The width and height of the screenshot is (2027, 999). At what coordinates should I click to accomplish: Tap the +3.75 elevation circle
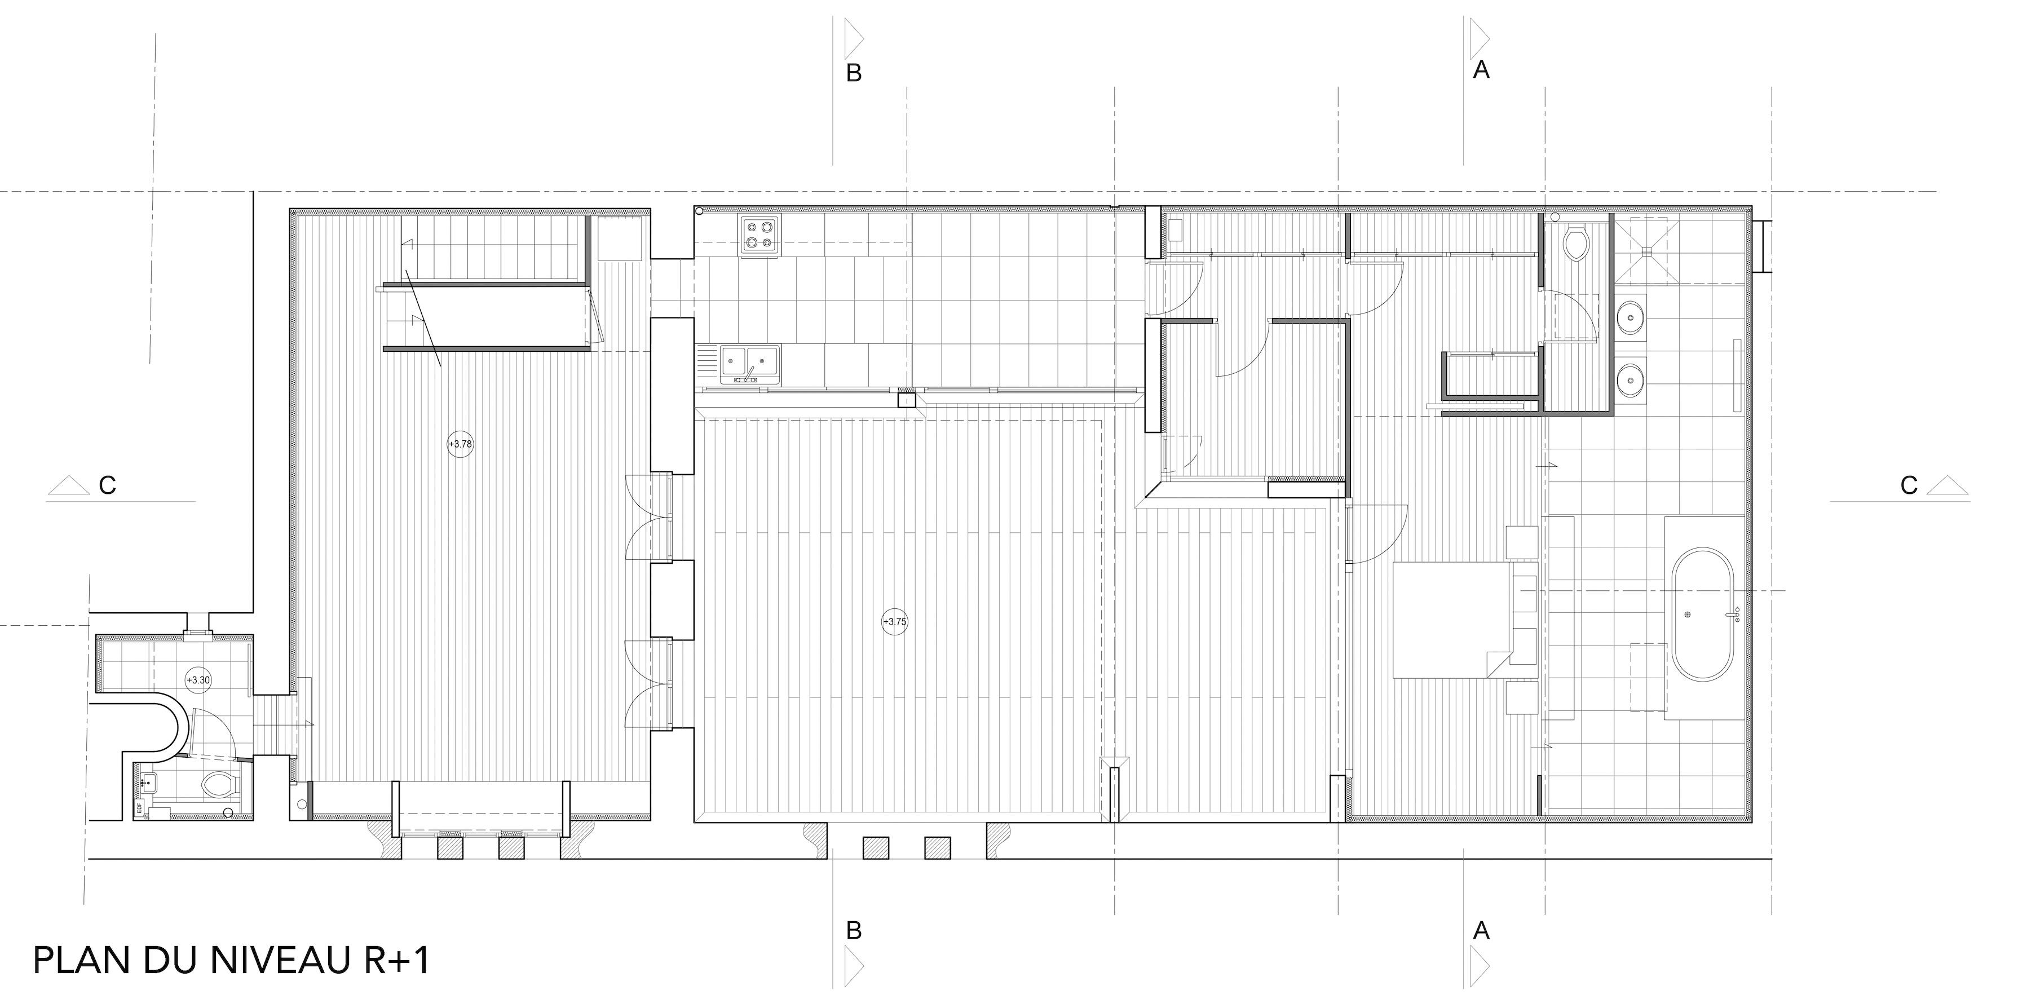click(x=895, y=621)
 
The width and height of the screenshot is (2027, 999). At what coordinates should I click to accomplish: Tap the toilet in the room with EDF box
click(x=219, y=784)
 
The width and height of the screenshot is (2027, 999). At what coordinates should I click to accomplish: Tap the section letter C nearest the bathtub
click(x=1909, y=485)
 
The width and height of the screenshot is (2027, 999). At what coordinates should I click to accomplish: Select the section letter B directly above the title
click(x=854, y=931)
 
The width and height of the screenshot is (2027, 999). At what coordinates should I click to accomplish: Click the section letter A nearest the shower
click(x=1481, y=70)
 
